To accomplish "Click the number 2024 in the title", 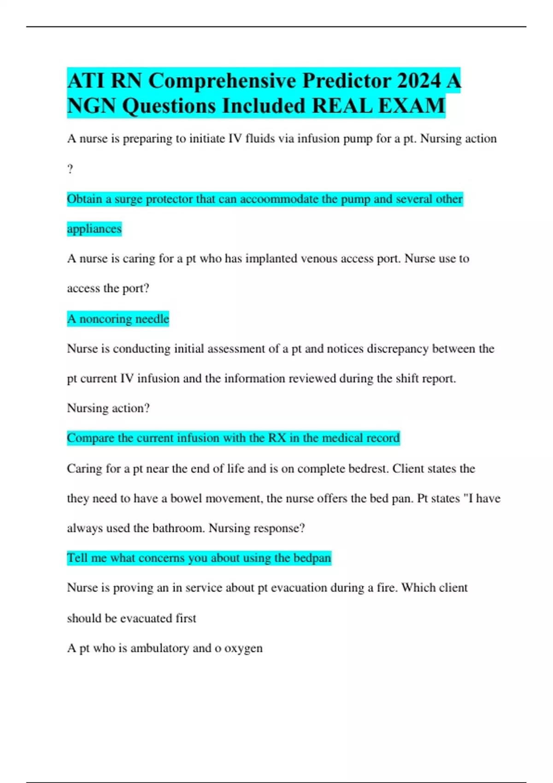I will click(419, 81).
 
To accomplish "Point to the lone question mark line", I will click(70, 169).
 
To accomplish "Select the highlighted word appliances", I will click(94, 229).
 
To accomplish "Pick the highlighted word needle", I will click(152, 319).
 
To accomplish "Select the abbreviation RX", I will click(277, 438).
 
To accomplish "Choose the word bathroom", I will click(178, 528).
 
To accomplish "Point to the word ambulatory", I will click(159, 648).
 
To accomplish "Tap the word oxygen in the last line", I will click(243, 649).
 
